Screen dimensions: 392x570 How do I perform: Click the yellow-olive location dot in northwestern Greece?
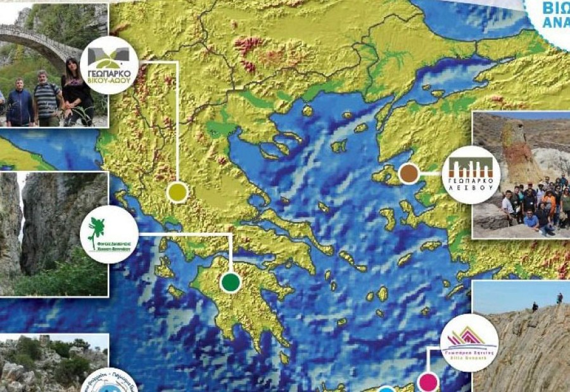coord(178,192)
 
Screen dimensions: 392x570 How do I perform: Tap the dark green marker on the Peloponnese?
coord(231,282)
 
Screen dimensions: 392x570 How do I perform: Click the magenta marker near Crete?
coord(429,382)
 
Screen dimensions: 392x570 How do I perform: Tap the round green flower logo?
coord(109,235)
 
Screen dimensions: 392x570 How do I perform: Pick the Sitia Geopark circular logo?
coord(469,342)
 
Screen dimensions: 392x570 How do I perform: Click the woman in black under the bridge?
coord(75,92)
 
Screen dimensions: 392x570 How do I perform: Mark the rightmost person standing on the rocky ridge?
coord(559,297)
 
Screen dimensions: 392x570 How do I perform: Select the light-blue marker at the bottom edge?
coord(387,389)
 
